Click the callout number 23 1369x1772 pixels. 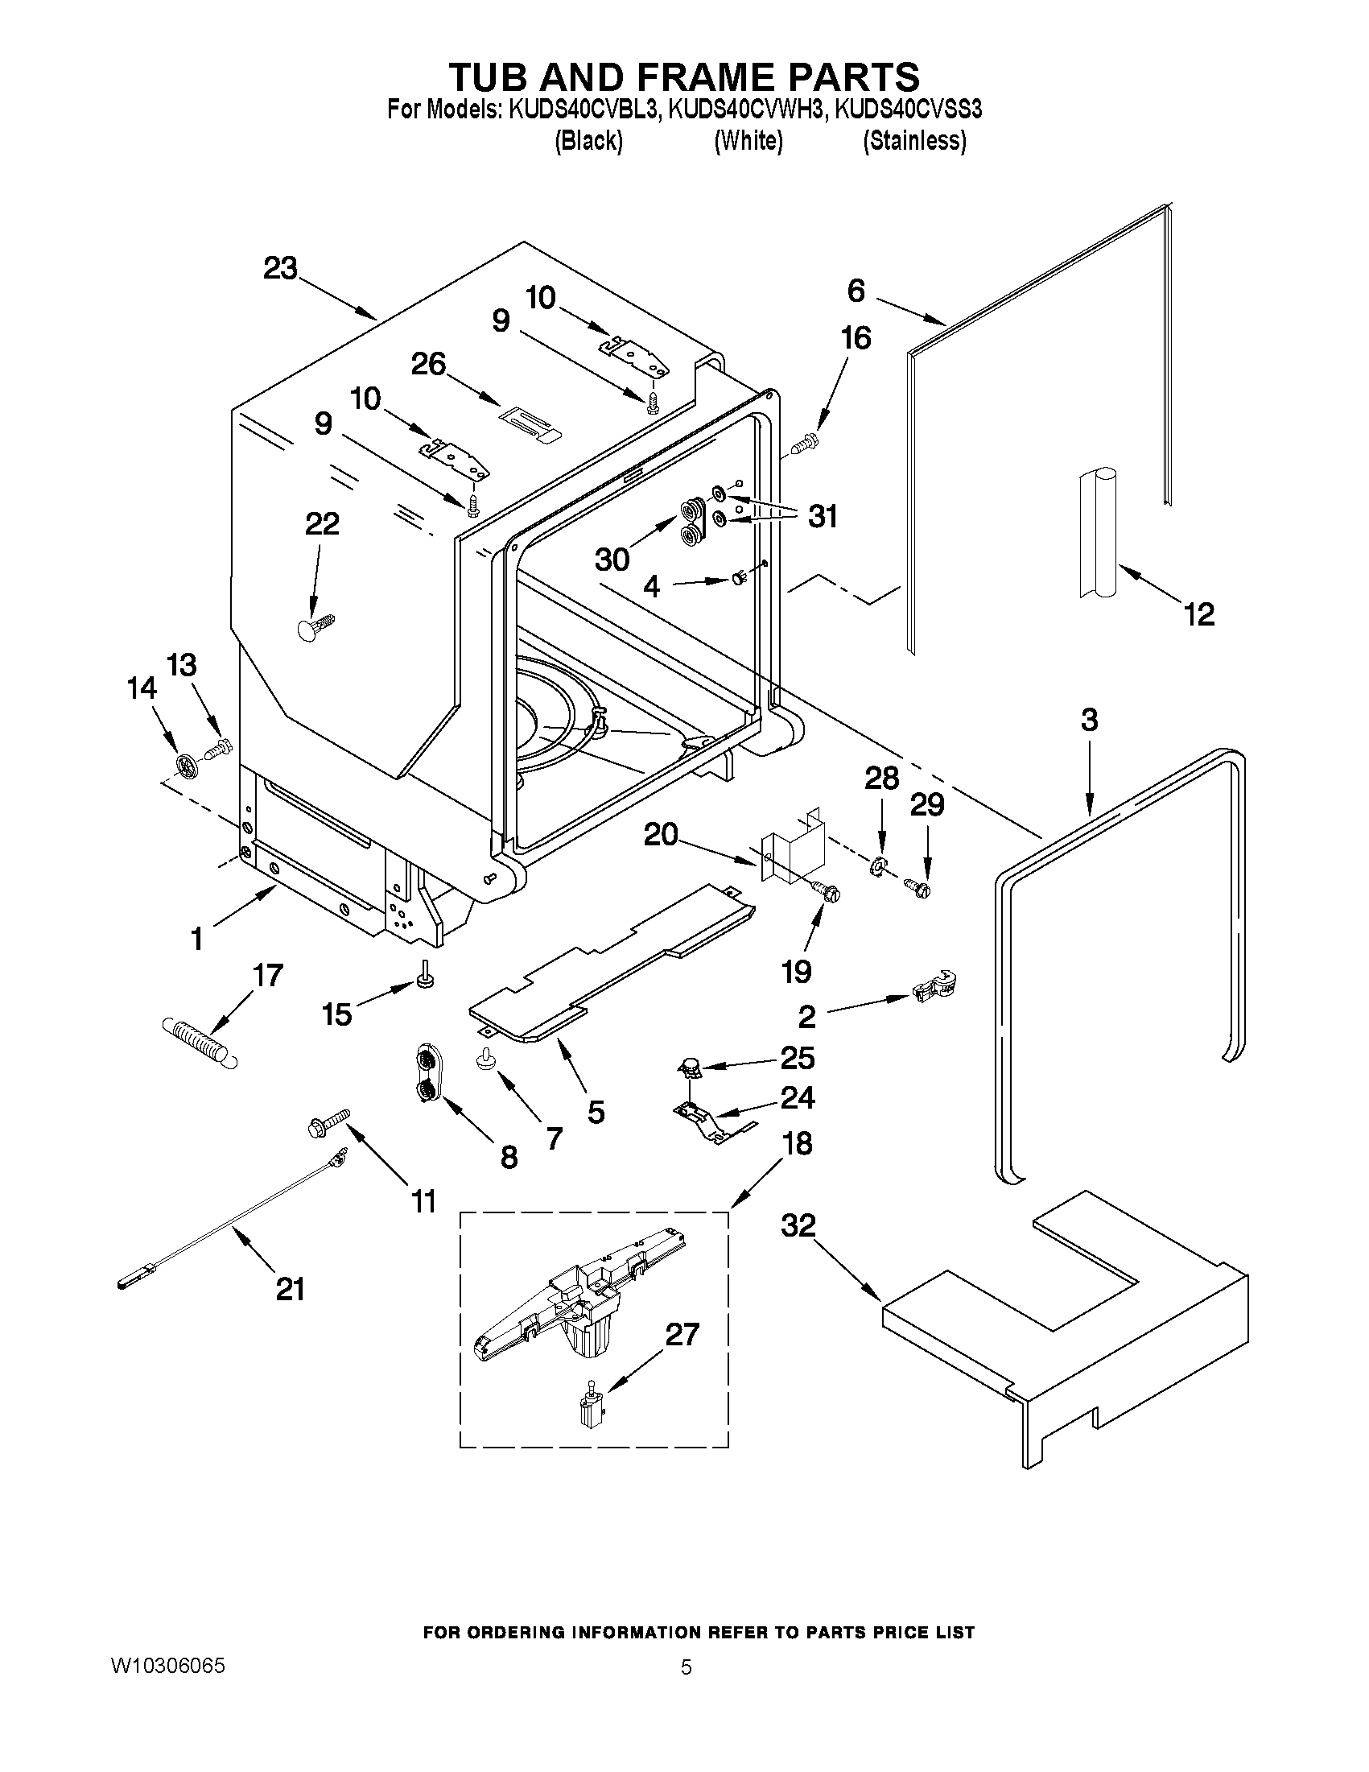281,269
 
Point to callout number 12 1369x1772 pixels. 1199,614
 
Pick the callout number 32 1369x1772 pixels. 798,1225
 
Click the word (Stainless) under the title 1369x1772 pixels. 914,141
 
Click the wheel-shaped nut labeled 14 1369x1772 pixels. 187,764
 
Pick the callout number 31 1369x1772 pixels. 823,516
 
